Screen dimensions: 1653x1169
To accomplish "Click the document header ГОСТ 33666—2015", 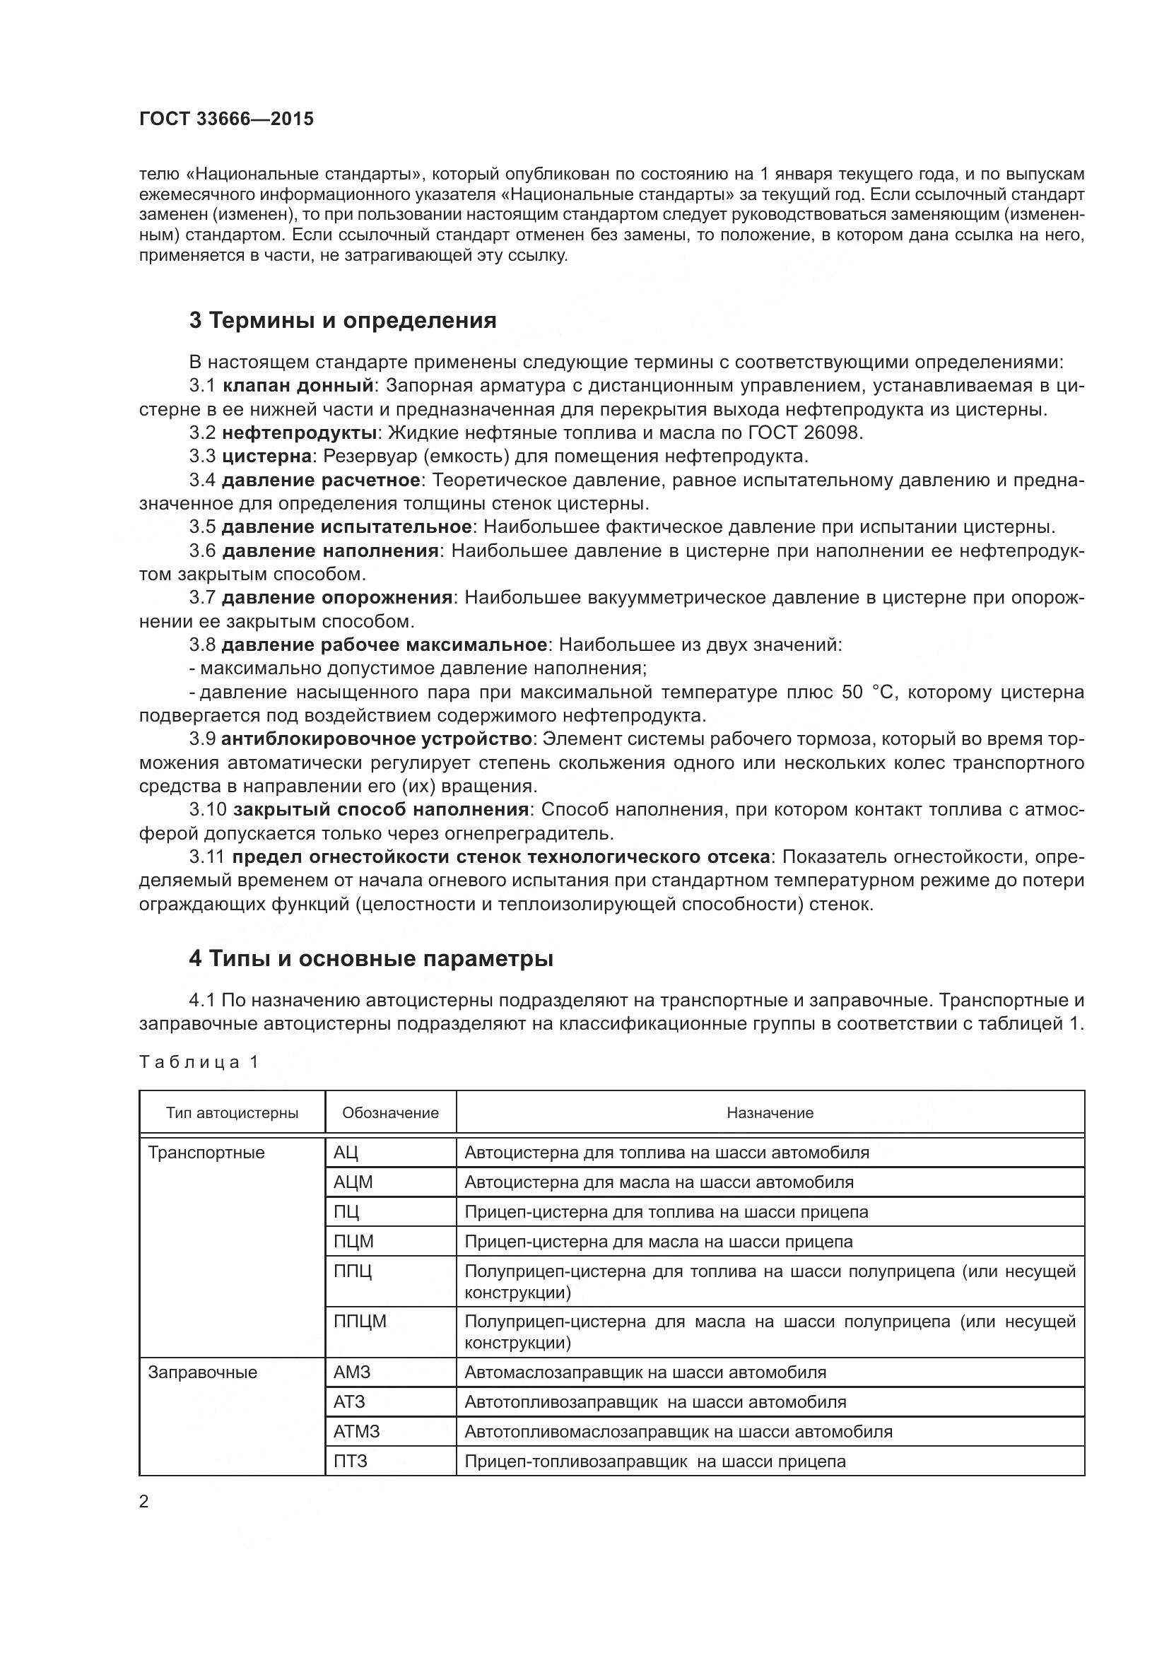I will (x=227, y=119).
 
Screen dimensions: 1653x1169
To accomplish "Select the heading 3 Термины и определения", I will (x=343, y=320).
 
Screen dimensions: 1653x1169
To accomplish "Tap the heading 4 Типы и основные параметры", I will (x=371, y=959).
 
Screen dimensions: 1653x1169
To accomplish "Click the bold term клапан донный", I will (x=298, y=386).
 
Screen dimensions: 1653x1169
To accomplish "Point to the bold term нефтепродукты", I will (x=300, y=433).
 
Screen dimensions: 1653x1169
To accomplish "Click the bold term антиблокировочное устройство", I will (x=377, y=739).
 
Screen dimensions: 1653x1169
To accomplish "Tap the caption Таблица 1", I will (x=199, y=1063).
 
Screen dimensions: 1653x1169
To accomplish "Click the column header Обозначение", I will (x=390, y=1113).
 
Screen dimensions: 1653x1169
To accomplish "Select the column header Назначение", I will (x=770, y=1113).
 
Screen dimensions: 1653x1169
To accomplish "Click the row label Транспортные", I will (x=206, y=1153).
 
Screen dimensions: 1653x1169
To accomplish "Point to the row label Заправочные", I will (x=203, y=1372).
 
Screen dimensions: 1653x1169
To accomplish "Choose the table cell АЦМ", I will (x=353, y=1182).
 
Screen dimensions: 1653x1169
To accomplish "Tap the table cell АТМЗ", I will (x=356, y=1431).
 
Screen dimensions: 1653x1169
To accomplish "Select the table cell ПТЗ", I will (x=351, y=1461).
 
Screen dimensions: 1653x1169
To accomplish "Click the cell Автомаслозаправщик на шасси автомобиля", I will (x=645, y=1372).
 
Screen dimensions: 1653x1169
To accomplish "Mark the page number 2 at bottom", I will (x=144, y=1502).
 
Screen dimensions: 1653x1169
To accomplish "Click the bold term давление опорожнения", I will (x=336, y=598).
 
